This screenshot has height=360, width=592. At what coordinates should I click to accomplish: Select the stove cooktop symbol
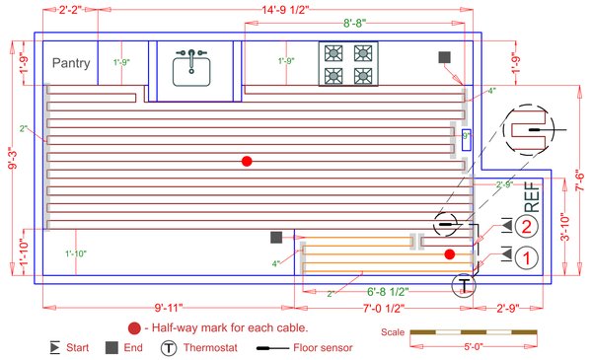click(x=347, y=63)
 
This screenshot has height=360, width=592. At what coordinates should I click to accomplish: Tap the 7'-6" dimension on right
click(x=578, y=183)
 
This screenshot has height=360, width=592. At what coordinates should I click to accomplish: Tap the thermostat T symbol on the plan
click(x=463, y=286)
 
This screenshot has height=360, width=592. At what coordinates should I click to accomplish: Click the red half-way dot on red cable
click(x=247, y=161)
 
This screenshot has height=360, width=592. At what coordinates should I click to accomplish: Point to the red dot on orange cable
click(x=449, y=254)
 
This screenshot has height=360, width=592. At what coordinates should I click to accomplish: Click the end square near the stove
click(x=446, y=58)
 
